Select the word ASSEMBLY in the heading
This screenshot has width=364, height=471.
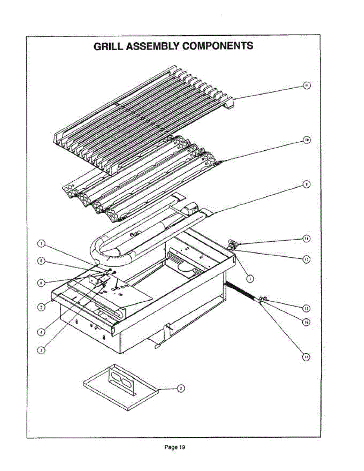coord(151,46)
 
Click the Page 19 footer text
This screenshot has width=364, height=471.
coord(175,447)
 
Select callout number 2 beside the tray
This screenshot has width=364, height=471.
coord(180,388)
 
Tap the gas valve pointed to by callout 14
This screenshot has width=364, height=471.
coord(232,246)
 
